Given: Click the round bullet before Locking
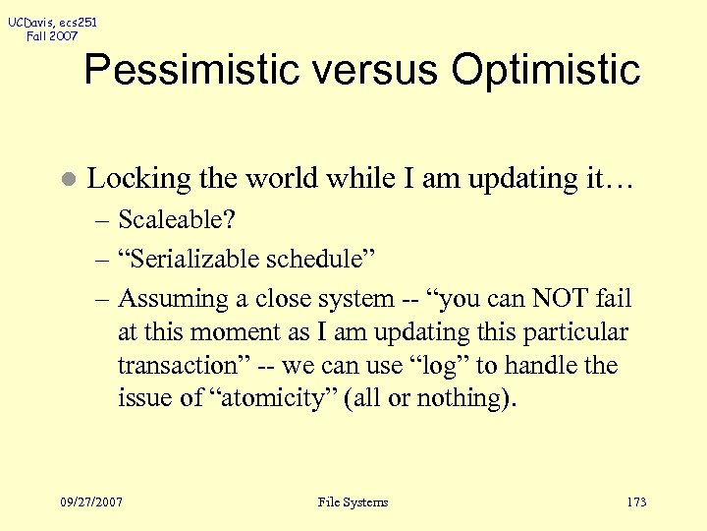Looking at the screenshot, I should coord(66,180).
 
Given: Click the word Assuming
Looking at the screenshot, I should coord(173,298).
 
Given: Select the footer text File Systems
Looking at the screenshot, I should coord(353,502).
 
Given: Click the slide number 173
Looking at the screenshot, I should coord(636,502).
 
